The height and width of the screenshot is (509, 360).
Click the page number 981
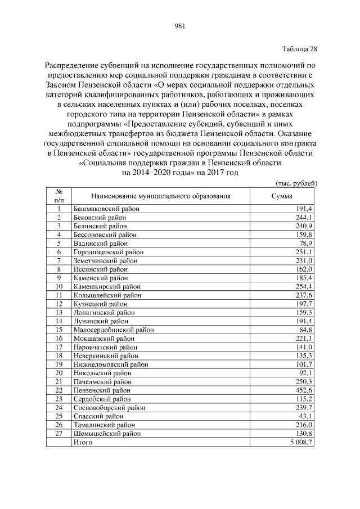pos(180,25)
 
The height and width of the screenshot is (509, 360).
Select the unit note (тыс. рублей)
pos(296,183)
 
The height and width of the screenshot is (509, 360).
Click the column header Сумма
pos(281,196)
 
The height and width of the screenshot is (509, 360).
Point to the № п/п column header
pos(59,196)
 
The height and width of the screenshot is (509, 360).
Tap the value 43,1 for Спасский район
pos(305,416)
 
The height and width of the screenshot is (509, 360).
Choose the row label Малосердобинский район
pos(113,330)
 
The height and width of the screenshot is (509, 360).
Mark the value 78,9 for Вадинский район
pos(305,244)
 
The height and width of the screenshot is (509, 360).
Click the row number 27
pos(59,433)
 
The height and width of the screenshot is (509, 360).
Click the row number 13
pos(59,312)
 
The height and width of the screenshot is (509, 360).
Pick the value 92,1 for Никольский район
pos(305,373)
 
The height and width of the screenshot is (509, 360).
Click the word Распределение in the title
pos(71,65)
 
